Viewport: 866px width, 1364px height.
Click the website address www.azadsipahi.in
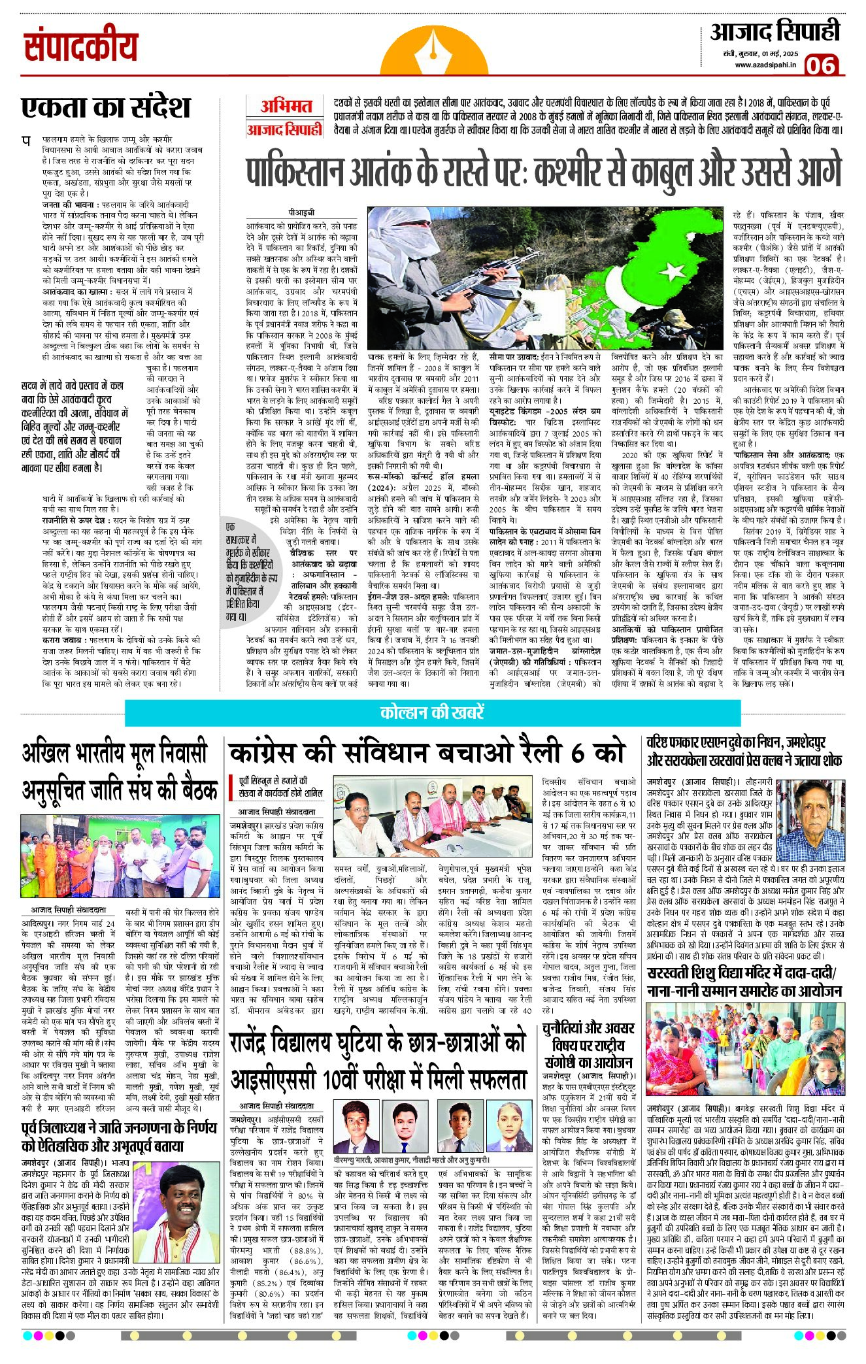click(765, 65)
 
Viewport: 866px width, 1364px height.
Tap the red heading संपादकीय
click(81, 48)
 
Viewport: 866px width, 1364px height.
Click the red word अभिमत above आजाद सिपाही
click(286, 106)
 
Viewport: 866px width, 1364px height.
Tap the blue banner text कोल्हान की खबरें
click(432, 712)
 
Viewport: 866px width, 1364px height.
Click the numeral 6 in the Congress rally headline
click(576, 753)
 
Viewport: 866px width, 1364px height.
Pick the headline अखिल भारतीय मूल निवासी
click(115, 753)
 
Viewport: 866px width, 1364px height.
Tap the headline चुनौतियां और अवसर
click(588, 1028)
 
